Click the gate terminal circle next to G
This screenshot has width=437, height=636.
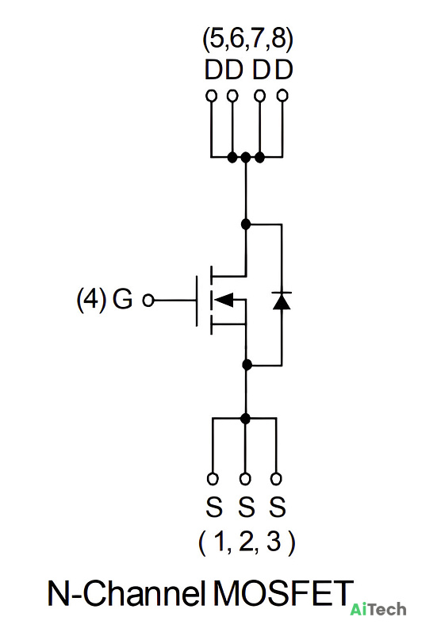[x=148, y=301]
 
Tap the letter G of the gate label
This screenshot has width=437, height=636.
[x=123, y=299]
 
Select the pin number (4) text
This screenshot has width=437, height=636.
[x=92, y=299]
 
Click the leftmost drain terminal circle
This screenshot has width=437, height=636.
[x=211, y=96]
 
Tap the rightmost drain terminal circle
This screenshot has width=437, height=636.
[x=282, y=96]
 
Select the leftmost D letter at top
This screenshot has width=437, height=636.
[x=213, y=70]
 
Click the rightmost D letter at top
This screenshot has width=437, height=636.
[x=284, y=70]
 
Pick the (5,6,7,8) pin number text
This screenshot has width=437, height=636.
[x=248, y=40]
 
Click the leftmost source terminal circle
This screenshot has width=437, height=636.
[x=213, y=479]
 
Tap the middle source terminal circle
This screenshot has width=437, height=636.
[x=244, y=479]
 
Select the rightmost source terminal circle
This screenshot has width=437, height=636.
[x=276, y=479]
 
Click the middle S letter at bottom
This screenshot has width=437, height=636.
[x=246, y=507]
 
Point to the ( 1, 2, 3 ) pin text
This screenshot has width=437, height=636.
[x=247, y=542]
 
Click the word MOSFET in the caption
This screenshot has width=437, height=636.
[x=283, y=593]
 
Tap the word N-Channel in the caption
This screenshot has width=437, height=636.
[x=126, y=593]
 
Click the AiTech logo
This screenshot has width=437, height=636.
[x=378, y=609]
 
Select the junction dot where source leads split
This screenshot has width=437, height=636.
[x=245, y=418]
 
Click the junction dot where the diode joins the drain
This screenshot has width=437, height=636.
[x=246, y=224]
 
